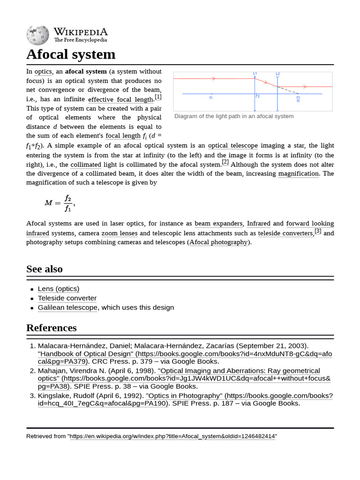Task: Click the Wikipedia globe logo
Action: [x=37, y=36]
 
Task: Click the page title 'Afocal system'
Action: [x=71, y=54]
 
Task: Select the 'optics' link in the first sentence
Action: [x=43, y=72]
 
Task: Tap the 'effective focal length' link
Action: [x=120, y=99]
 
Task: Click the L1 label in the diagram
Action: [x=255, y=74]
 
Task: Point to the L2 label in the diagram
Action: [x=277, y=74]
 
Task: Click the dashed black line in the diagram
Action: [x=288, y=90]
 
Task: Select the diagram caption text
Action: [x=234, y=116]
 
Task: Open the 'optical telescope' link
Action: [x=232, y=146]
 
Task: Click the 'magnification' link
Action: [x=298, y=174]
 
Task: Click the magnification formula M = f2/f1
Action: [x=59, y=202]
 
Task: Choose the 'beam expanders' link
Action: [x=218, y=224]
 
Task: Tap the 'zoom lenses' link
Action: [x=120, y=233]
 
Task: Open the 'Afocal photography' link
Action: [x=219, y=242]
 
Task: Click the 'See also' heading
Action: [x=45, y=269]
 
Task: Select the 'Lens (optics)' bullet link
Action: [x=59, y=289]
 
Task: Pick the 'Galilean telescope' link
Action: [x=68, y=307]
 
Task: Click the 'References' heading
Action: [x=52, y=328]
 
